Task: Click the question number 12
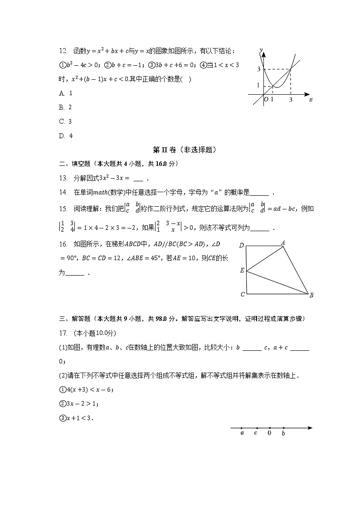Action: [63, 51]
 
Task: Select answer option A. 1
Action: [66, 93]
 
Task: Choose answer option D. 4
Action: [66, 136]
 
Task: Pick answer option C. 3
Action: [66, 121]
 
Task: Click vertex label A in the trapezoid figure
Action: [283, 242]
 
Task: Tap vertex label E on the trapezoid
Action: [242, 271]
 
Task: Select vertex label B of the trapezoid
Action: [311, 295]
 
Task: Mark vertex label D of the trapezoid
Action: [242, 246]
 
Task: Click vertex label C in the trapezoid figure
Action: [243, 295]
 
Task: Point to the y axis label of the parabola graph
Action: [261, 49]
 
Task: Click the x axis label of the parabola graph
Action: [311, 100]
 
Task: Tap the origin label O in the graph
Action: [266, 99]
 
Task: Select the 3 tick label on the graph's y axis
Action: [258, 69]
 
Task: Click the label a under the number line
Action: [242, 433]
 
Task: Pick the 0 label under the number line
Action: [269, 433]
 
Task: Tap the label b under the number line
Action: [283, 434]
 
